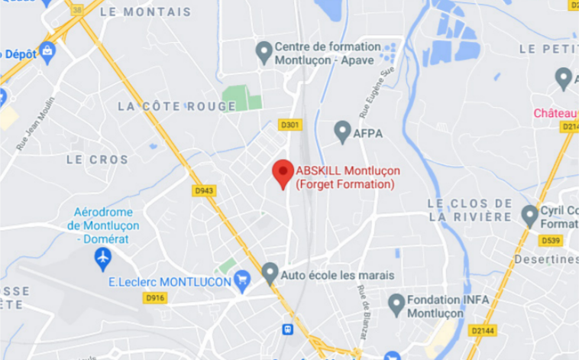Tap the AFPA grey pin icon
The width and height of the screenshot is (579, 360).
(x=342, y=131)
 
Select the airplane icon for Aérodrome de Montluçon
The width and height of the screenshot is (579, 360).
(x=103, y=259)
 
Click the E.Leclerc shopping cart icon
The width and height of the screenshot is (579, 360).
(x=243, y=281)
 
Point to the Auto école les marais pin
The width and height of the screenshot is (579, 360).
(x=270, y=273)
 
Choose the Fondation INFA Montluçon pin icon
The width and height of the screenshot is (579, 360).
(x=396, y=305)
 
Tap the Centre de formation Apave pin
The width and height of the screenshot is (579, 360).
(x=264, y=52)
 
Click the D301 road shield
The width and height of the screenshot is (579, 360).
(x=289, y=125)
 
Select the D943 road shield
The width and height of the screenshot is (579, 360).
(x=202, y=190)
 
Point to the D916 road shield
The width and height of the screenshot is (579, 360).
(x=155, y=297)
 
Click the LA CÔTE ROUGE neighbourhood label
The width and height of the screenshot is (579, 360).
(x=176, y=106)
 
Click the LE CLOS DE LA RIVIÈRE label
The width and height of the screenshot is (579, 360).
(x=469, y=209)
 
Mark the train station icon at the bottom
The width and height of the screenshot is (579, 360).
(x=287, y=330)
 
